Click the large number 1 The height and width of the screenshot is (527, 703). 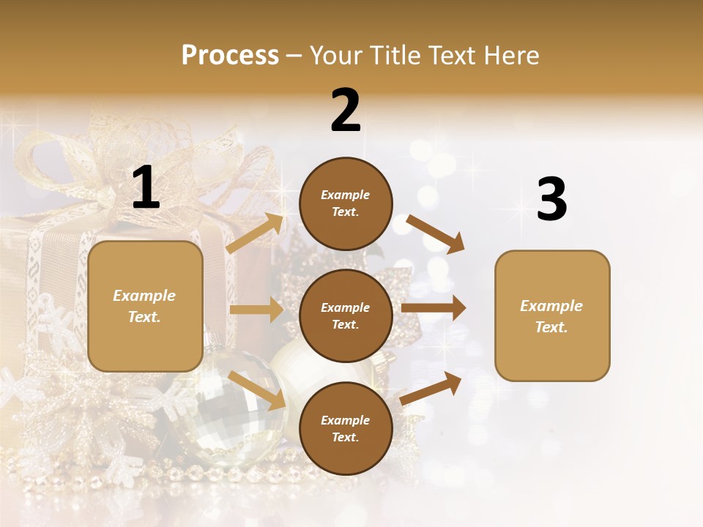[x=146, y=188]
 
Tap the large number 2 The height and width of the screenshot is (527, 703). [x=346, y=111]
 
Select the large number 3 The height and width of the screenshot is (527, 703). [x=551, y=200]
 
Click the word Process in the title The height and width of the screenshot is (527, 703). [x=230, y=55]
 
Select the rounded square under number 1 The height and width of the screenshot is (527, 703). [x=145, y=306]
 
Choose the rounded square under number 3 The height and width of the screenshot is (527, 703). [x=552, y=315]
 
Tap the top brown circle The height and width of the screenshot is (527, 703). [x=346, y=203]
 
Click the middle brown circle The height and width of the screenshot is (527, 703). [x=346, y=315]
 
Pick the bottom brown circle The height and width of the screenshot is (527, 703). [x=346, y=428]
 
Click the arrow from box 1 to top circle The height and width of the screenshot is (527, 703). [x=256, y=233]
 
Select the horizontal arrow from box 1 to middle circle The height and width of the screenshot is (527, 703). [x=256, y=310]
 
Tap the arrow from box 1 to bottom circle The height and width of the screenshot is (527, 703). [x=257, y=389]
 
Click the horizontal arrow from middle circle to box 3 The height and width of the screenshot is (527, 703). [x=434, y=308]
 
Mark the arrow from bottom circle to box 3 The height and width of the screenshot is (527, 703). [x=431, y=388]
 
